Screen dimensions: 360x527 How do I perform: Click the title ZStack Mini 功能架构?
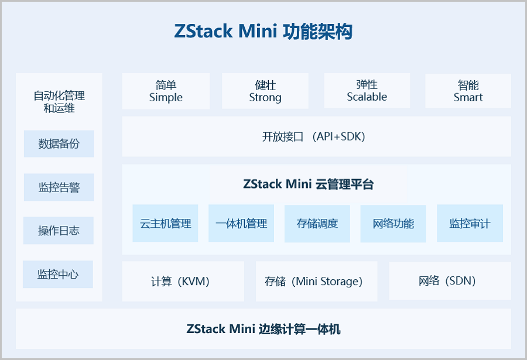263,30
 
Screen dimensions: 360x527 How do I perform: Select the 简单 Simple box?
166,91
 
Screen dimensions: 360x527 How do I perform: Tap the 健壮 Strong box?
265,91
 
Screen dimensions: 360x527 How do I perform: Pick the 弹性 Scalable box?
367,91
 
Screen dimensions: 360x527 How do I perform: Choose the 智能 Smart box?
468,91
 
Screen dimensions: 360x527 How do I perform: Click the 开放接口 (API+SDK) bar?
316,136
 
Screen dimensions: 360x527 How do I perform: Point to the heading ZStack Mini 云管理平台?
308,184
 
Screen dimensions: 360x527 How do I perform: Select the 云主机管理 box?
165,223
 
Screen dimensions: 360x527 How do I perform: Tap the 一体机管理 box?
241,223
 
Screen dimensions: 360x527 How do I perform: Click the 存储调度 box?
317,223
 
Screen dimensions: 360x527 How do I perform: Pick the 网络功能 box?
393,223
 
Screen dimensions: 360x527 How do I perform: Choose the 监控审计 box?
470,223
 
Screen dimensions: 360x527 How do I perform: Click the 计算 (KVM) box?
183,282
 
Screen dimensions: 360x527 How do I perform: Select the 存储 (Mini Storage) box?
316,282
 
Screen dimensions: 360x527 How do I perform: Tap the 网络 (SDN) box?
450,282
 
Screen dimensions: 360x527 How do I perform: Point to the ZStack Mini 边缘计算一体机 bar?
263,328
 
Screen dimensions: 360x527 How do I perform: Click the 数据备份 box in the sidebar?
59,143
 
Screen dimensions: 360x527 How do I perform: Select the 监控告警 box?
59,187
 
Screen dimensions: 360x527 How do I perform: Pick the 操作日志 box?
59,231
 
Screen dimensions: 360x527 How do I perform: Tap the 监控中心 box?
58,274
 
